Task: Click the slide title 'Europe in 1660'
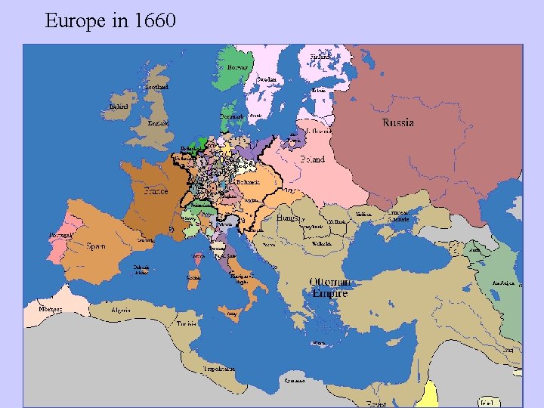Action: pos(110,20)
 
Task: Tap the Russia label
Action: pos(397,122)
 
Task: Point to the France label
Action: pos(156,191)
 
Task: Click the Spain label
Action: pos(96,246)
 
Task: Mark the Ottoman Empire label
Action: pos(329,287)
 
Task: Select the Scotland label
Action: pos(157,87)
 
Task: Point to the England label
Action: pos(159,123)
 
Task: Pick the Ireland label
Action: pos(118,107)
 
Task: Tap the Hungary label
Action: pos(289,217)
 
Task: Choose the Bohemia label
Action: pos(248,182)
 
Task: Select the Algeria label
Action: pos(121,310)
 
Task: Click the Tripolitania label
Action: pos(218,368)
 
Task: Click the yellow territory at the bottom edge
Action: pos(431,394)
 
